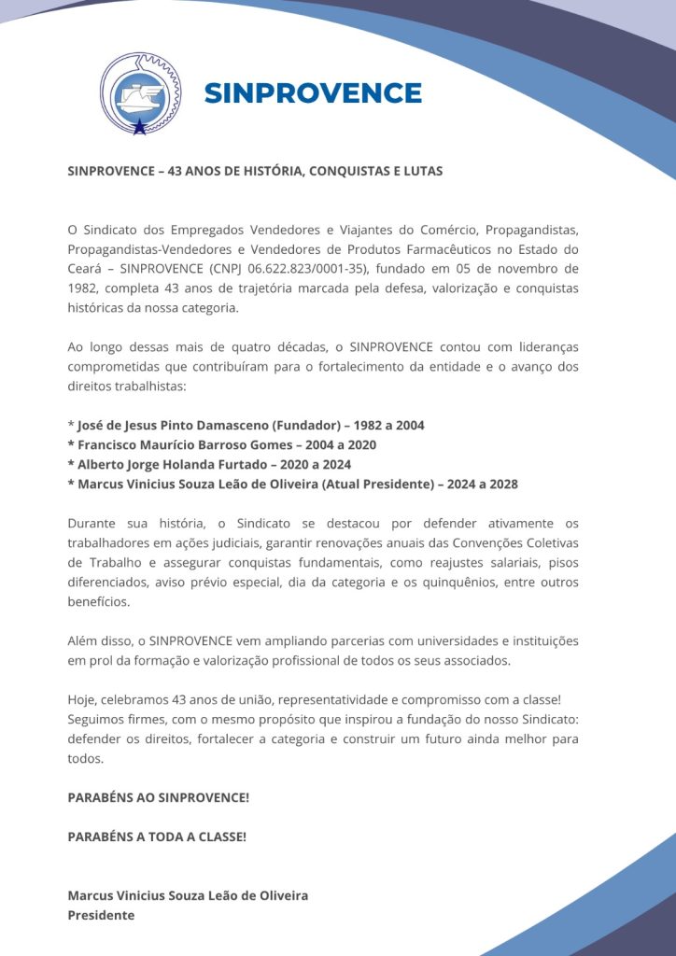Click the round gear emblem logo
click(141, 92)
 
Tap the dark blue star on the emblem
click(140, 127)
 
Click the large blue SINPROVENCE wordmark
click(313, 93)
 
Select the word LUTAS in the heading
click(423, 171)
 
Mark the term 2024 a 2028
click(482, 484)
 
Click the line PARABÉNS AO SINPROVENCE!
click(158, 797)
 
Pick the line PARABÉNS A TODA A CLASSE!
click(157, 836)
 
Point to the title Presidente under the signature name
click(101, 915)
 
